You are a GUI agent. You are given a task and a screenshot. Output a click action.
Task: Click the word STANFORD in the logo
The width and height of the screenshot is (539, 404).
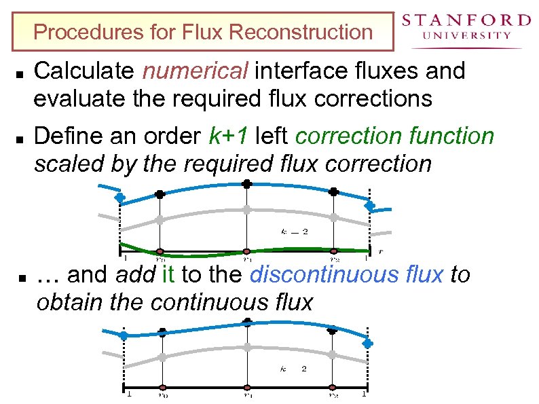tap(466, 20)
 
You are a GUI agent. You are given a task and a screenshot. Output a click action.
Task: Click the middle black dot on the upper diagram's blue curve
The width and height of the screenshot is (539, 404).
tap(247, 184)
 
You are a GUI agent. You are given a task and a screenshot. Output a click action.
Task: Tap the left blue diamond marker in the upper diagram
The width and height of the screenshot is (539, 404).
tap(119, 198)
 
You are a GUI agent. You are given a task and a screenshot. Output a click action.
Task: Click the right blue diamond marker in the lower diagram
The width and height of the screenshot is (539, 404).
tap(367, 344)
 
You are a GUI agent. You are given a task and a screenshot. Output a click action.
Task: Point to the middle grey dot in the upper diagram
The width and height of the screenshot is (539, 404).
tap(247, 210)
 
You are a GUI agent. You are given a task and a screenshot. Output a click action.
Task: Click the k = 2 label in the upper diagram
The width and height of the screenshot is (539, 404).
tap(295, 231)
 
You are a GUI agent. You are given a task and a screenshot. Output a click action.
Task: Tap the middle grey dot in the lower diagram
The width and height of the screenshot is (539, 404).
tap(247, 347)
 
